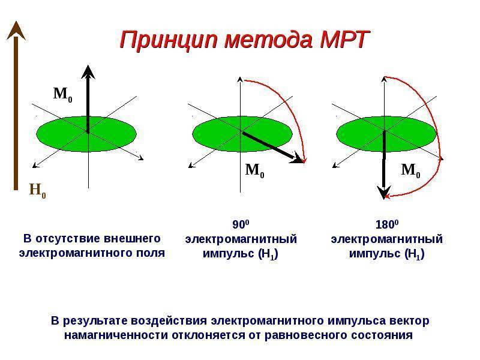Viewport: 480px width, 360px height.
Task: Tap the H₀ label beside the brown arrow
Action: coord(37,191)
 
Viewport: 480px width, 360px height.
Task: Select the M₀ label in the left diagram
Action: coord(62,94)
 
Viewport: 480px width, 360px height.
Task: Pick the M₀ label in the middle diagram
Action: coord(255,170)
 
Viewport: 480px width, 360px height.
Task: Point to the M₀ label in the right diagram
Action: coord(410,170)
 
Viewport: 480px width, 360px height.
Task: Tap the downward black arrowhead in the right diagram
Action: coord(382,193)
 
